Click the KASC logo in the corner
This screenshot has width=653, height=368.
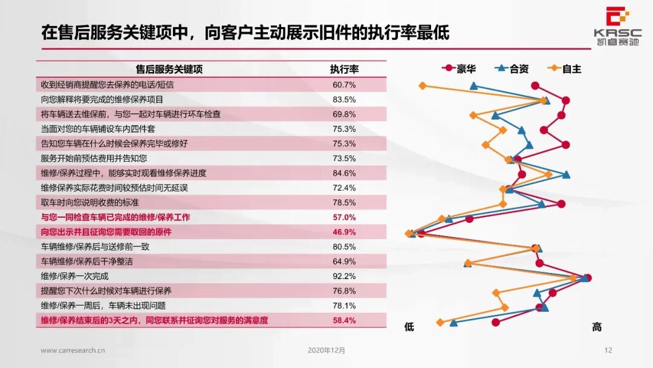616,22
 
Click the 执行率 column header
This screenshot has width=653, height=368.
344,69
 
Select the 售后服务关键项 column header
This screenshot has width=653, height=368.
169,69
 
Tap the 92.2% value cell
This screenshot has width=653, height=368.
344,276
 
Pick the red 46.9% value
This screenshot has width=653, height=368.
344,232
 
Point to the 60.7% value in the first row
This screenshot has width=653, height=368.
344,85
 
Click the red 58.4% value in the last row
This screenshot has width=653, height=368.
344,320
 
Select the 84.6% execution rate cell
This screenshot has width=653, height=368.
344,173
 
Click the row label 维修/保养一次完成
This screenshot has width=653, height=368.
74,276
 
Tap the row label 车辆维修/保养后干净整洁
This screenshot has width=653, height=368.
87,261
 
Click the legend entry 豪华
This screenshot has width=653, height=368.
459,69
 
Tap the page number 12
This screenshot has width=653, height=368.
609,350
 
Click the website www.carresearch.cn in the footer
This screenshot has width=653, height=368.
73,350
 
